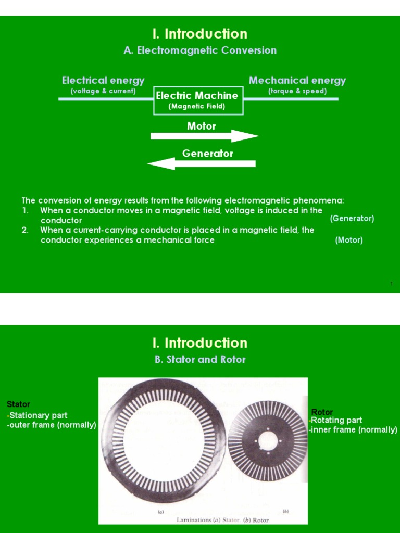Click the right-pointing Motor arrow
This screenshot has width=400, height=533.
click(x=204, y=136)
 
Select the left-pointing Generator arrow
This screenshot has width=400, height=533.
click(x=202, y=164)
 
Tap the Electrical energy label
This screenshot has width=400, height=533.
click(x=103, y=80)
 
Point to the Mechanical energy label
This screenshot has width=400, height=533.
click(x=297, y=80)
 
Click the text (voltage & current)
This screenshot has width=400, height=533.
click(x=103, y=91)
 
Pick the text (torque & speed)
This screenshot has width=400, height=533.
click(x=297, y=91)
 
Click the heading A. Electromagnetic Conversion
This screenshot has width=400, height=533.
click(x=200, y=50)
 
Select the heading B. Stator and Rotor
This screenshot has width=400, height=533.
click(x=200, y=359)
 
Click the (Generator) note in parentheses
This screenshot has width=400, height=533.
click(x=352, y=219)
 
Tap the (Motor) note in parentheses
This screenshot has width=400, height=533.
click(x=349, y=240)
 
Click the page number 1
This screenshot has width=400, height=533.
click(x=391, y=284)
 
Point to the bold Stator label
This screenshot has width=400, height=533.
click(x=19, y=404)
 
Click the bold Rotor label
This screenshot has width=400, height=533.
click(x=322, y=412)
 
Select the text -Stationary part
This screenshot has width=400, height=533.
click(x=37, y=415)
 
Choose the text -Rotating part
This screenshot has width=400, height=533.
click(x=335, y=421)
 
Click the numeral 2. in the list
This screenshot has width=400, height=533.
click(x=25, y=230)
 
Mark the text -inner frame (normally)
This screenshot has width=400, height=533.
click(x=353, y=430)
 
